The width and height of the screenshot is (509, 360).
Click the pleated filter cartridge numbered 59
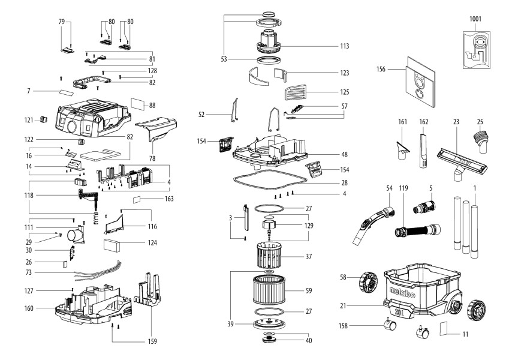[264, 290]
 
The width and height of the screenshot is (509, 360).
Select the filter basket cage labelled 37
[264, 256]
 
